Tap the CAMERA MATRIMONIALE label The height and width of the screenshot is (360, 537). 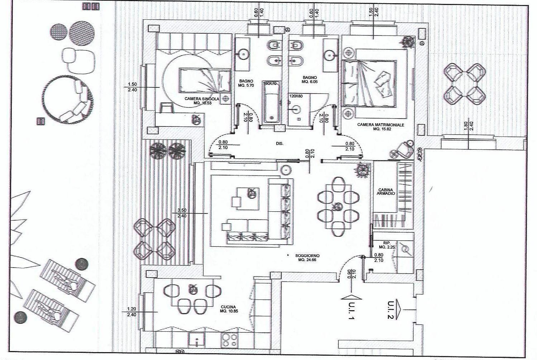(x=380, y=127)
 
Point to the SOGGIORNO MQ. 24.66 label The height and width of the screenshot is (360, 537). (x=307, y=258)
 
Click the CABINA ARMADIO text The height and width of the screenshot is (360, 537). (x=386, y=192)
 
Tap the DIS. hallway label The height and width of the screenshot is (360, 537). (x=280, y=143)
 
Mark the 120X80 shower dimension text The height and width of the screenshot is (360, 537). (x=296, y=96)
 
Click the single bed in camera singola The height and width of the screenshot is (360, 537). (x=205, y=80)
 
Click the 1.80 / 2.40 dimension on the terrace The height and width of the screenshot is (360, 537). (x=469, y=126)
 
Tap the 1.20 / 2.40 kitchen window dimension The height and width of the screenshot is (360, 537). (x=132, y=312)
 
